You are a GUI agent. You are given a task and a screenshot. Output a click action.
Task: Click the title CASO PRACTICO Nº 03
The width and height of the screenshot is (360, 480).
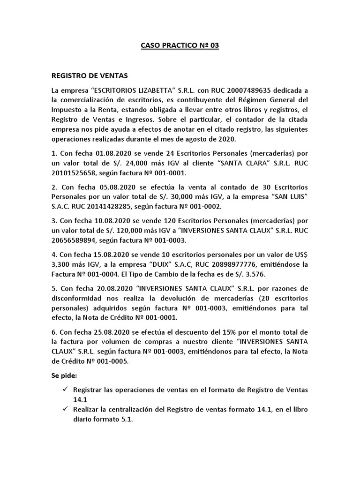click(180, 46)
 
